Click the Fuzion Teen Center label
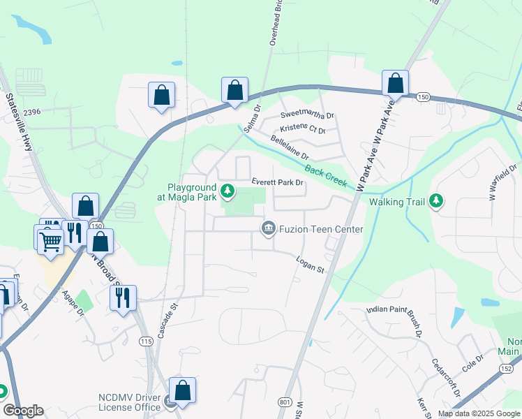pos(321,229)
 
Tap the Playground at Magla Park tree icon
pos(228,191)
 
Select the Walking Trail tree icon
pos(436,202)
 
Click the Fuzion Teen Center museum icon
pos(267,228)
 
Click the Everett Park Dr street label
pos(278,182)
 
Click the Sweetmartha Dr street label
pos(307,115)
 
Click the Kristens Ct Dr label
pos(303,130)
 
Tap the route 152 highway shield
pos(505,368)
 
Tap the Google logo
pos(23,411)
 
